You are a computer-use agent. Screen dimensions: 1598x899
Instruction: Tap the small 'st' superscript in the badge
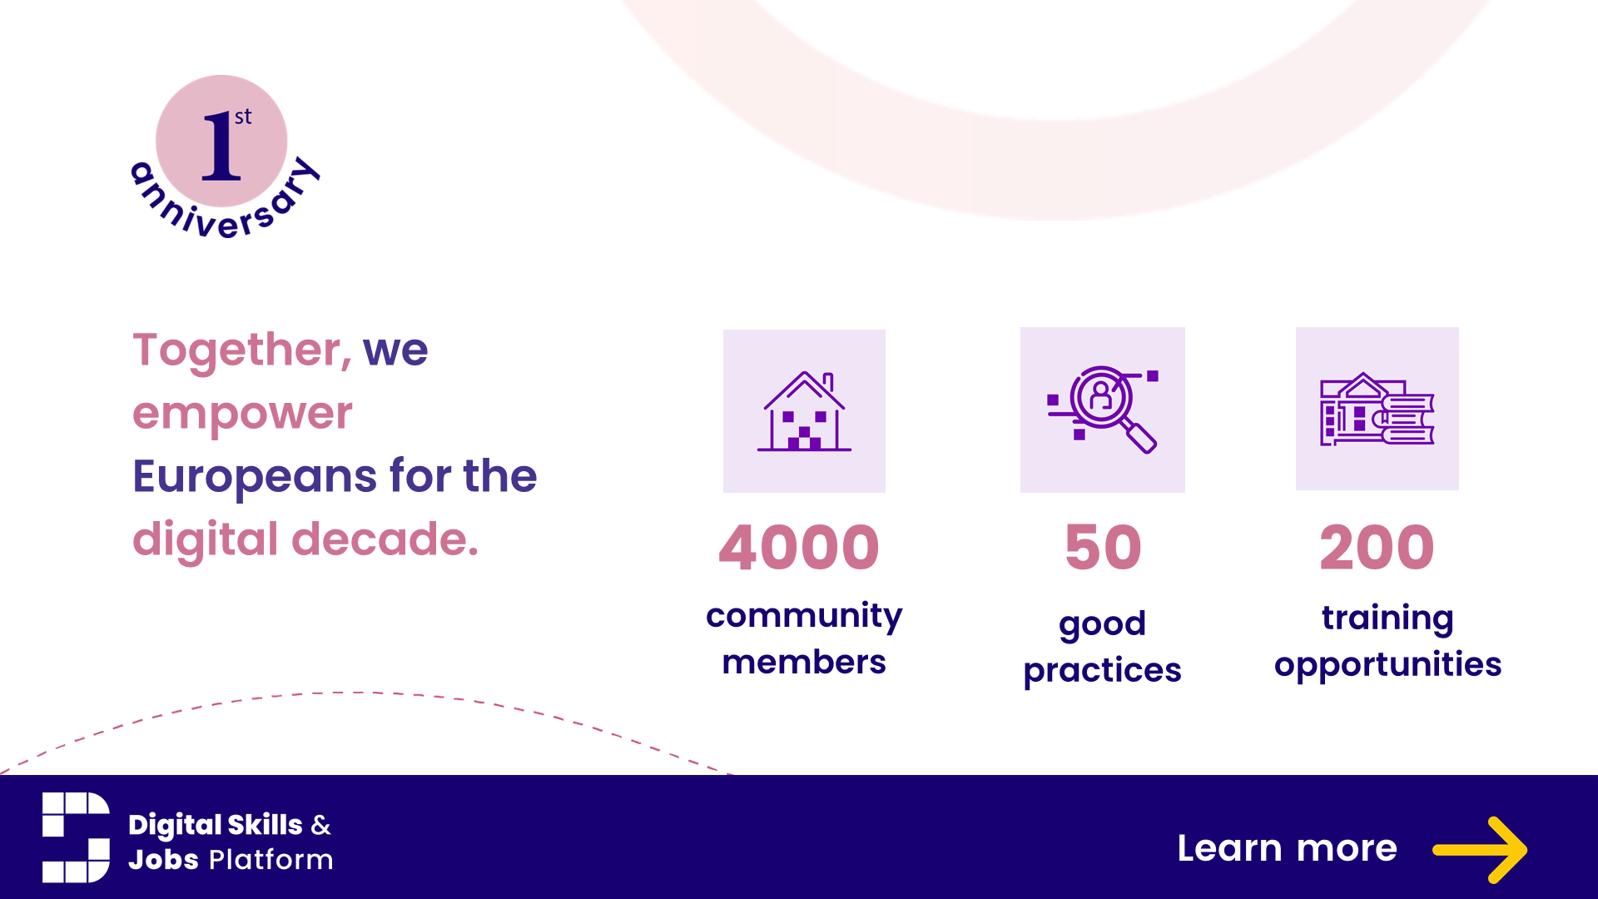pyautogui.click(x=243, y=117)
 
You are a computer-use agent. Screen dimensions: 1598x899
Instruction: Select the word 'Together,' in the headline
pyautogui.click(x=242, y=350)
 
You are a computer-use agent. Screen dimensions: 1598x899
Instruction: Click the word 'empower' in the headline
pyautogui.click(x=243, y=414)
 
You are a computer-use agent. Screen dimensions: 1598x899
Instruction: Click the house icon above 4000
pyautogui.click(x=804, y=411)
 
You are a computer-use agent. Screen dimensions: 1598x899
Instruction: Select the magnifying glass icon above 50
pyautogui.click(x=1103, y=410)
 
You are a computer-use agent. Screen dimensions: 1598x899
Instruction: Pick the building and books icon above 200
pyautogui.click(x=1377, y=409)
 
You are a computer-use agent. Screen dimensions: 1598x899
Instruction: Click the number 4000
pyautogui.click(x=799, y=548)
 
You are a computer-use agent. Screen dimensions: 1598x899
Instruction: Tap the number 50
pyautogui.click(x=1104, y=548)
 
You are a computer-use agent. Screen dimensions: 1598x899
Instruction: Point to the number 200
pyautogui.click(x=1377, y=548)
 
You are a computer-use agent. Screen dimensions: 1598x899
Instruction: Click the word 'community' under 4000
pyautogui.click(x=804, y=617)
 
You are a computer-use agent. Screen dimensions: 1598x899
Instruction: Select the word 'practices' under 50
pyautogui.click(x=1103, y=670)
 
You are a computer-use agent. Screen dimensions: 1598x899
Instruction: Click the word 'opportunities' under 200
pyautogui.click(x=1388, y=665)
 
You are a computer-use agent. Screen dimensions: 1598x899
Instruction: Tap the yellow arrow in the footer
pyautogui.click(x=1480, y=850)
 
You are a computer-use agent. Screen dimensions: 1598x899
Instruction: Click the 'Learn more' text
pyautogui.click(x=1288, y=848)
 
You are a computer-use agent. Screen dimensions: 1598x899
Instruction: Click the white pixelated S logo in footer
pyautogui.click(x=76, y=837)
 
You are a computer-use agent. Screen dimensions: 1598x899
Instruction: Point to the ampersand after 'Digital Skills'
pyautogui.click(x=321, y=825)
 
